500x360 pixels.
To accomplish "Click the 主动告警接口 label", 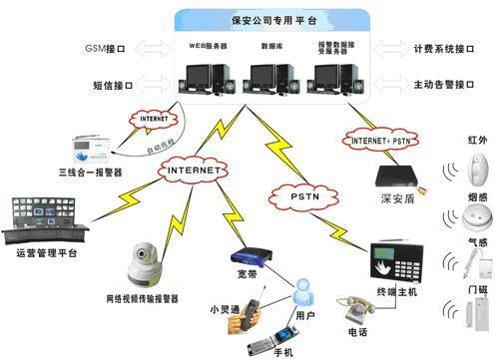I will [437, 85].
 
